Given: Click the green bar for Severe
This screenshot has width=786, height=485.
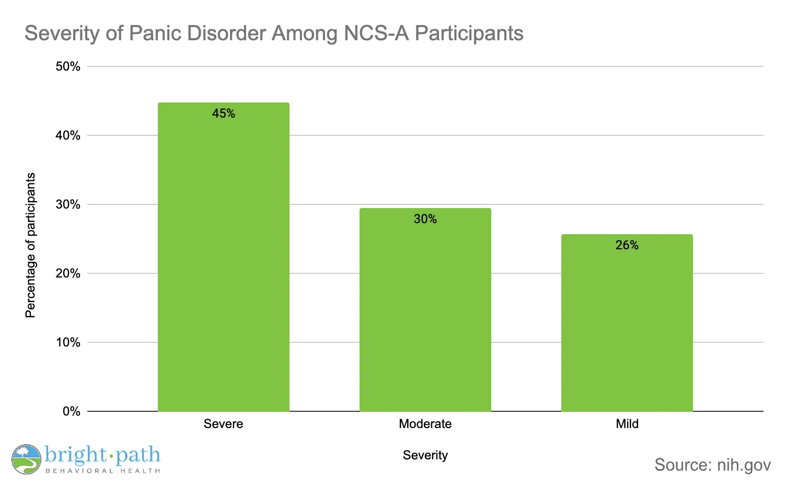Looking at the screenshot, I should (223, 261).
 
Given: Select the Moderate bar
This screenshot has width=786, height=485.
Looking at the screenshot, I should (425, 314).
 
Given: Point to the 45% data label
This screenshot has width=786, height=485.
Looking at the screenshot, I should (224, 113).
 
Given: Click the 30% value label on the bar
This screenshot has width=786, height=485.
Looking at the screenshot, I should (425, 219).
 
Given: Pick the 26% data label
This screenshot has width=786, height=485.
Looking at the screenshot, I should (627, 245).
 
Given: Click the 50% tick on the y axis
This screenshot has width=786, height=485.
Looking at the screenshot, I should (68, 66).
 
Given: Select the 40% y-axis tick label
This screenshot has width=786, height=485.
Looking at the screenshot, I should (68, 135).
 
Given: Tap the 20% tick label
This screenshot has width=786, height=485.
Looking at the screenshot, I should (68, 273).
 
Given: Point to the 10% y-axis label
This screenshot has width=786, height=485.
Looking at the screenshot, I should (68, 342).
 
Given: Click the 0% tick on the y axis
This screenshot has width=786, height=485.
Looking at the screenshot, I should (72, 411).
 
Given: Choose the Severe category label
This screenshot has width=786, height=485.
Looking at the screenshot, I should (223, 424).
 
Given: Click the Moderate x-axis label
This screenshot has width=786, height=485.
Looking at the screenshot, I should (425, 424).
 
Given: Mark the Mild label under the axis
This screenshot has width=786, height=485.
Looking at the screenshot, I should (627, 424).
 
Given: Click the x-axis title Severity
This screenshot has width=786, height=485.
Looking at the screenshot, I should (425, 455).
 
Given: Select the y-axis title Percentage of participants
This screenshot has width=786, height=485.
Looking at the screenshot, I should (31, 245).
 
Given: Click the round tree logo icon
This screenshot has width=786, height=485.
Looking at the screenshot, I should (26, 459).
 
